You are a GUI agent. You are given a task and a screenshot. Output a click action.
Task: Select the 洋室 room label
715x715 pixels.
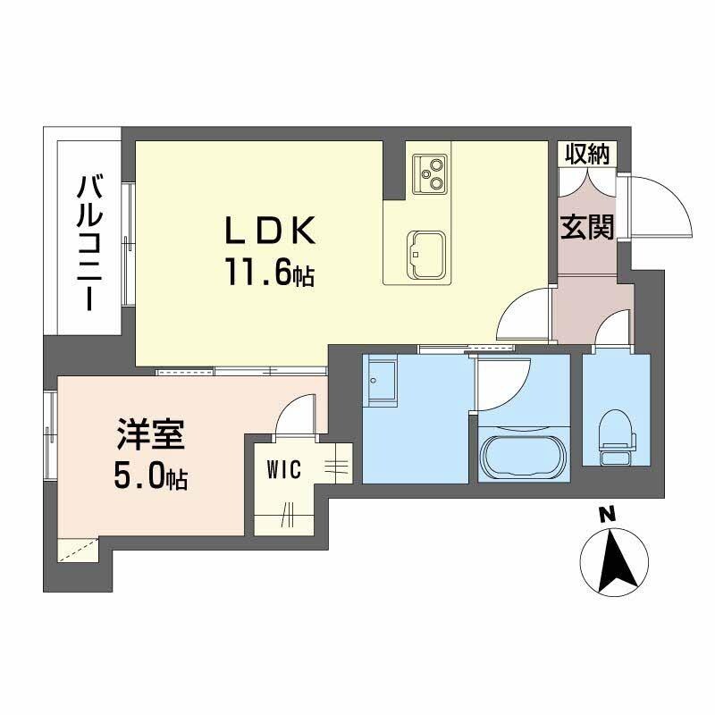(x=149, y=437)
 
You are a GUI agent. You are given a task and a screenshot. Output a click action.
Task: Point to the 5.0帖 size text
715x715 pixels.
(x=149, y=478)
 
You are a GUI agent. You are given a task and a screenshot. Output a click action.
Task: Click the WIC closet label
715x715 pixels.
(x=282, y=467)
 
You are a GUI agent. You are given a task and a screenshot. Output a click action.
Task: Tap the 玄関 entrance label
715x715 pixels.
(x=587, y=227)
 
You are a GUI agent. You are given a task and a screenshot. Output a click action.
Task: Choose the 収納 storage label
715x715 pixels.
(x=586, y=154)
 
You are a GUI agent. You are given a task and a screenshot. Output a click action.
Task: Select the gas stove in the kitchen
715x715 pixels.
(x=430, y=172)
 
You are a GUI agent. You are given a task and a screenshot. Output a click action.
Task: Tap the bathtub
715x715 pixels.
(x=523, y=457)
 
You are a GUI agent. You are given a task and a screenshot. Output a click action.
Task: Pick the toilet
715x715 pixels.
(x=617, y=437)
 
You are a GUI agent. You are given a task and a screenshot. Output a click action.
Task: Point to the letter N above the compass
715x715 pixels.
(x=608, y=515)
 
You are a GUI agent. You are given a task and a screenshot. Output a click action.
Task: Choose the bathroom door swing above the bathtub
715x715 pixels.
(x=502, y=380)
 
